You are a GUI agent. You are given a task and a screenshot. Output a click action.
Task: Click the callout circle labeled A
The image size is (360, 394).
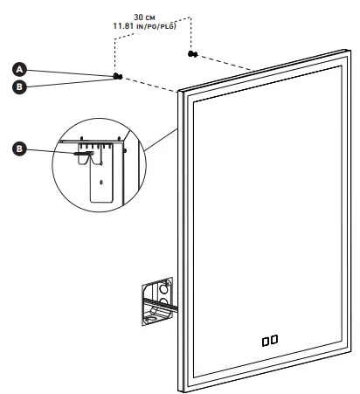[17, 67]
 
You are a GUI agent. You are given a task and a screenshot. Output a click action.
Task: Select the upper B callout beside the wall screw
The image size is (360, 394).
[17, 86]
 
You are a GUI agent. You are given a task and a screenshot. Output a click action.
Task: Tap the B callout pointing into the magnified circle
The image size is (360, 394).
[17, 149]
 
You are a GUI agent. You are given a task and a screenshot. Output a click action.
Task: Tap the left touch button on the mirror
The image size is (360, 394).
[265, 339]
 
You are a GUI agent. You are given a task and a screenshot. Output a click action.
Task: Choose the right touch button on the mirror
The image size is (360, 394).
[275, 339]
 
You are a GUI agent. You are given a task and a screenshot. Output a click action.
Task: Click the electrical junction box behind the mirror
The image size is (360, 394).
[155, 302]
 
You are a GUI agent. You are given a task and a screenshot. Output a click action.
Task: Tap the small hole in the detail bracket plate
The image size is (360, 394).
[103, 183]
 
